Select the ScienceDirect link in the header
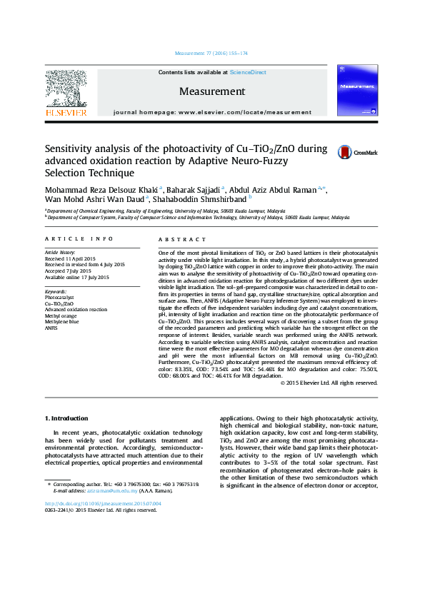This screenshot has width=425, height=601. [x=248, y=73]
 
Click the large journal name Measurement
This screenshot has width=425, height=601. [x=211, y=91]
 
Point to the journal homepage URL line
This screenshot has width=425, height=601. [x=212, y=113]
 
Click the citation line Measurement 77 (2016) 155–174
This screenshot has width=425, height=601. [x=211, y=54]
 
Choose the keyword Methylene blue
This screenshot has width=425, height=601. [x=61, y=321]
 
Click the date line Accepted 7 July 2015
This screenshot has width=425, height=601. [x=68, y=271]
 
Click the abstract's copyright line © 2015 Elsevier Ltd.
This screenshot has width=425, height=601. [x=329, y=383]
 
